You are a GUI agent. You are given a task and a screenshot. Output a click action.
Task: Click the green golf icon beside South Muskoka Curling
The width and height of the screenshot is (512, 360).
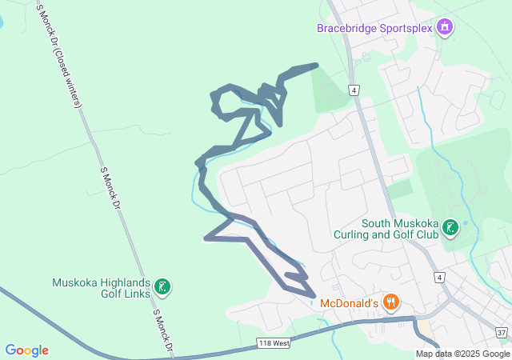pos(451,229)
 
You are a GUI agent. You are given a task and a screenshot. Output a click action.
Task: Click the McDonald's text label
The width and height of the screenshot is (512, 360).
pos(349,304)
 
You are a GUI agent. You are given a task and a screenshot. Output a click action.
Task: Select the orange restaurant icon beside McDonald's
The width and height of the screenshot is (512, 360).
pos(390,302)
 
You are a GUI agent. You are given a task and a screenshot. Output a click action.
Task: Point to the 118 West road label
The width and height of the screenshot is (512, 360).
pos(274,343)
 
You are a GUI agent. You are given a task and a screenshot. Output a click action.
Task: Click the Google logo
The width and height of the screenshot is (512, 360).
pos(26,350)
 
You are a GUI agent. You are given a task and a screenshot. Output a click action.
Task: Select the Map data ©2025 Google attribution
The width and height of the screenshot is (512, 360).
pos(462,354)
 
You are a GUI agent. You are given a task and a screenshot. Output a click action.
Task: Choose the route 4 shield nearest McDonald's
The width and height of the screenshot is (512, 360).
pos(438,277)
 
